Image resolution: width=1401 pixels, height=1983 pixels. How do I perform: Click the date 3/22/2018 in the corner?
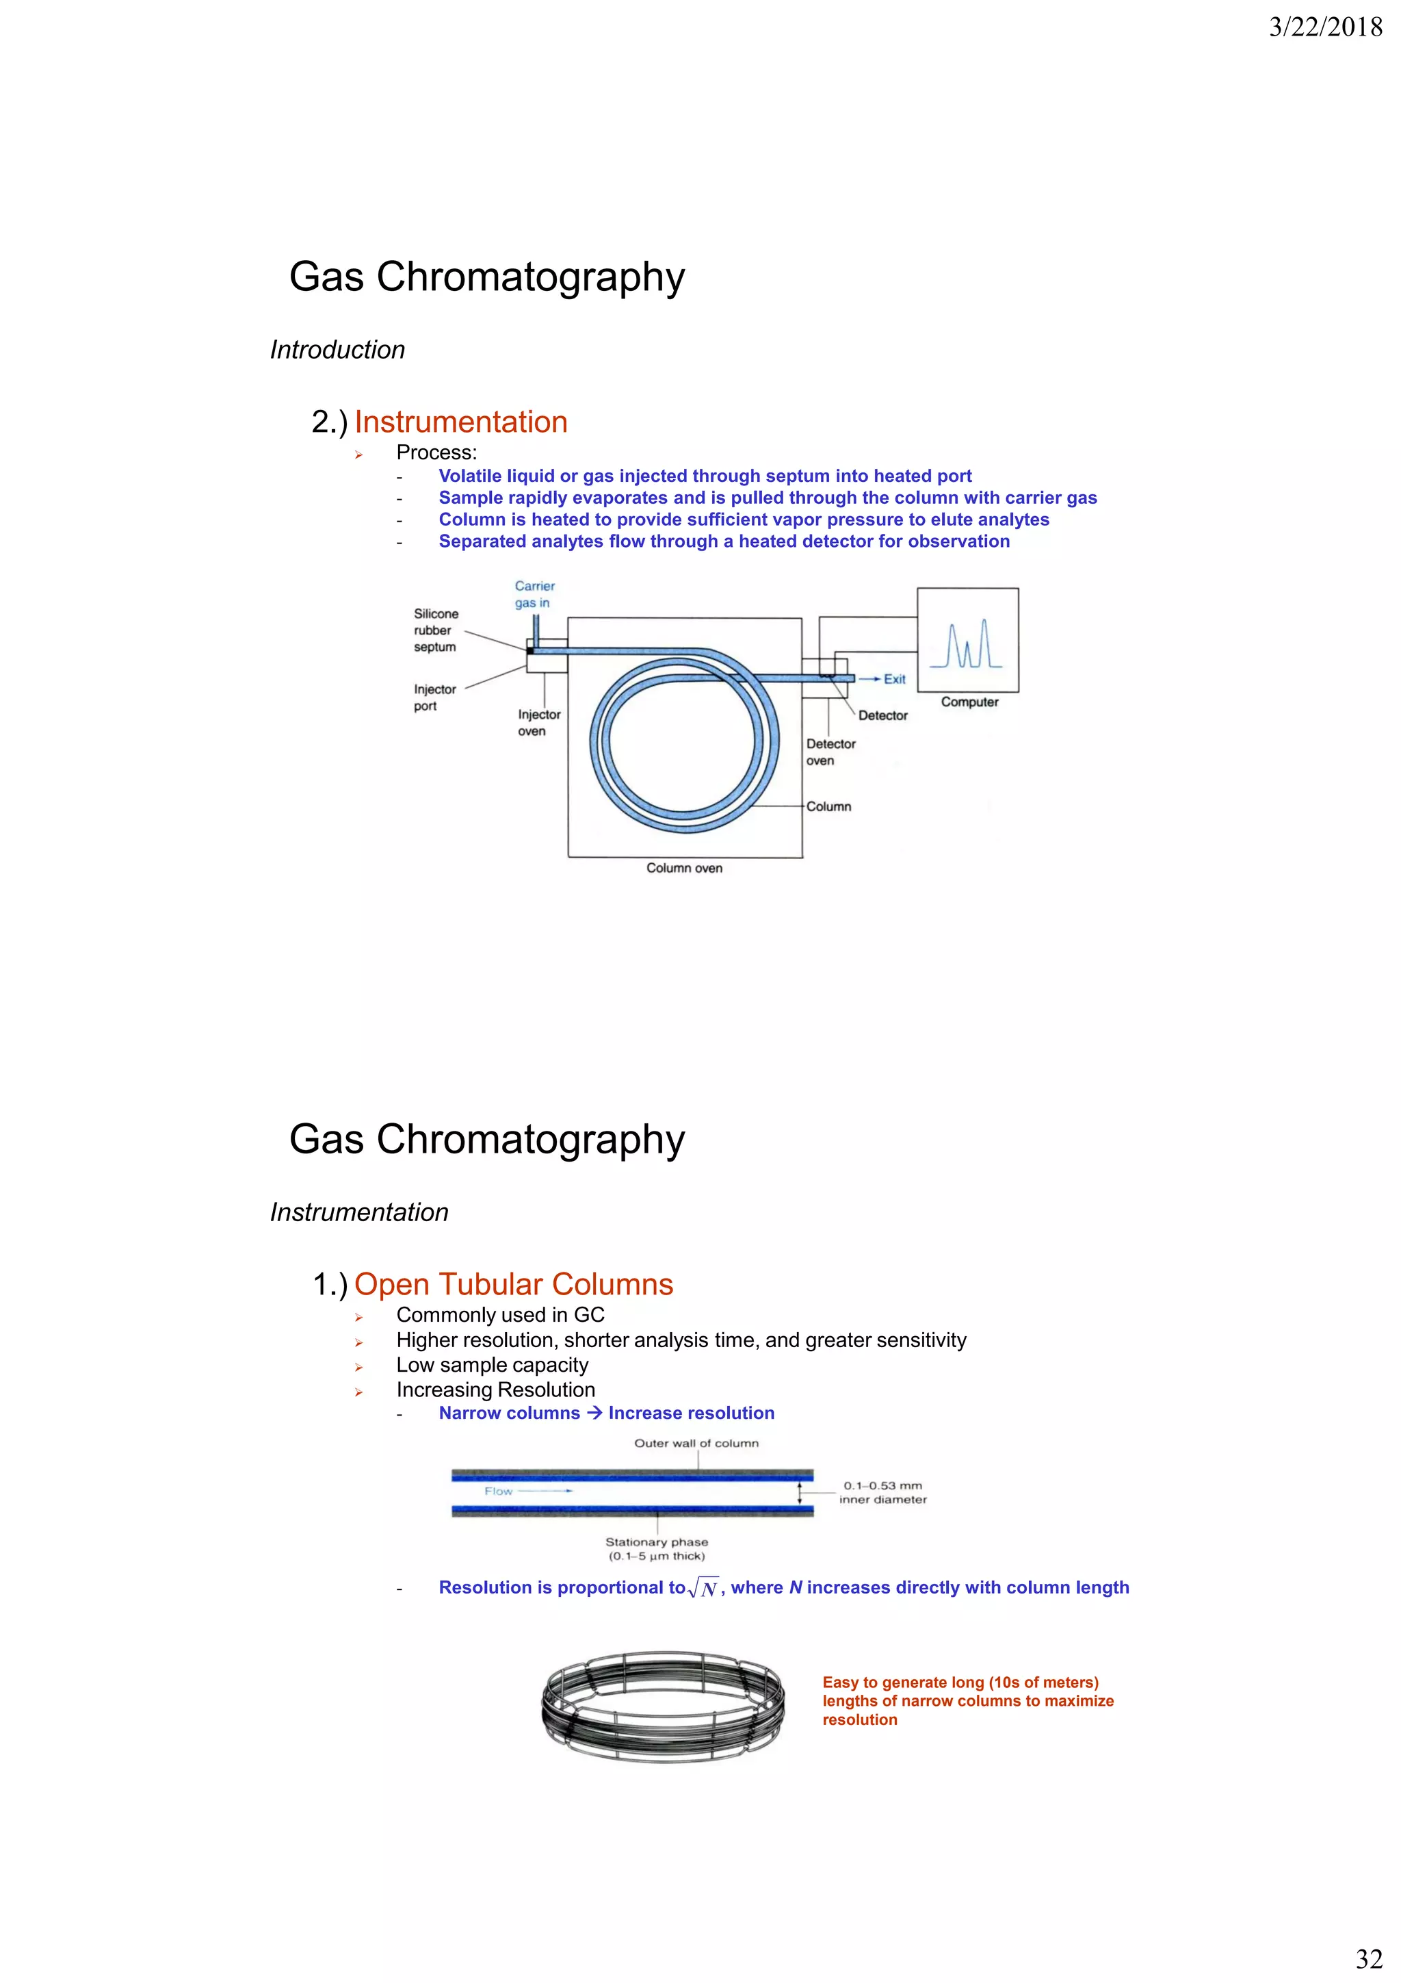1325,27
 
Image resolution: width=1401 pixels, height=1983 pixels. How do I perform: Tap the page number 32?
1369,1958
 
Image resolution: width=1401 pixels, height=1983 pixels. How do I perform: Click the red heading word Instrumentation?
460,422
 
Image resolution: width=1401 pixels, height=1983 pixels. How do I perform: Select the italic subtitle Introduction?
337,350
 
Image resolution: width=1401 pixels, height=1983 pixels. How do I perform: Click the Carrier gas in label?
534,594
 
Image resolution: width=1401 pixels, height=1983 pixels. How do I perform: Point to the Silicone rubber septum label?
435,630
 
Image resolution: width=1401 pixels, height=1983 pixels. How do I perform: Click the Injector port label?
434,697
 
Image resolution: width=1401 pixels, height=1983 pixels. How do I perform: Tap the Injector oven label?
538,723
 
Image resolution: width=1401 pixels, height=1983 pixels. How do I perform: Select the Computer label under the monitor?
969,702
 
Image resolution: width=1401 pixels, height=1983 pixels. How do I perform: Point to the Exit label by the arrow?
894,679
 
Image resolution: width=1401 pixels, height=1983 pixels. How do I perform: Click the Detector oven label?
830,752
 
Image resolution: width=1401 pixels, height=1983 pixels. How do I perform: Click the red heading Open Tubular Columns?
513,1284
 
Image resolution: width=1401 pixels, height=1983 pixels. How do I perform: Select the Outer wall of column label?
696,1443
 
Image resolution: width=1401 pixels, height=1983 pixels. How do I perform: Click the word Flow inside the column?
498,1492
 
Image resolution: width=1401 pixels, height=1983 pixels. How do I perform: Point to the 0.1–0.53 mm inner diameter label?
882,1492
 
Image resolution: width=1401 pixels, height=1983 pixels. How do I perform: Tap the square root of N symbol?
703,1588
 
